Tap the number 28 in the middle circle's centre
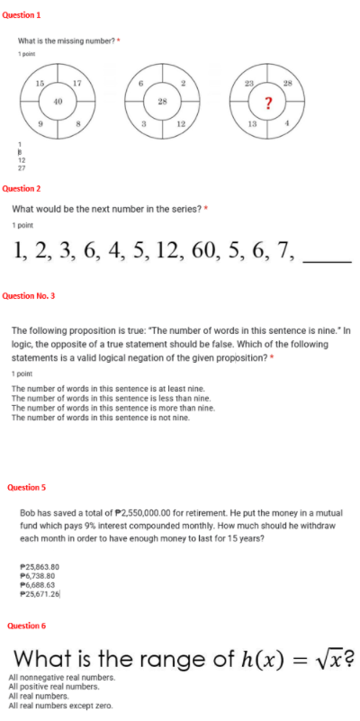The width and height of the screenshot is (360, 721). (163, 101)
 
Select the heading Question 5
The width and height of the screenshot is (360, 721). (26, 487)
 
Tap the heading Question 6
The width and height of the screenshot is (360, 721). (26, 625)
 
